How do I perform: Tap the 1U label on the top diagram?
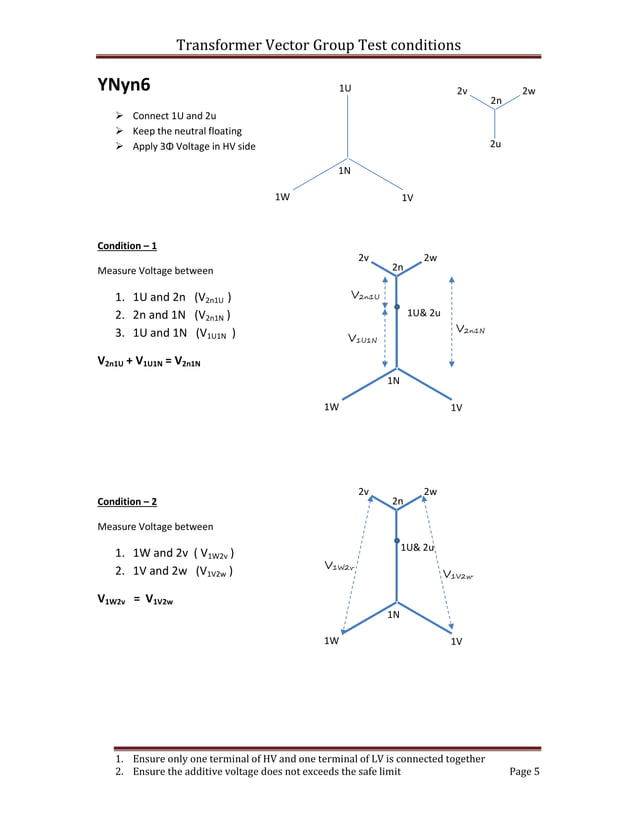pyautogui.click(x=344, y=89)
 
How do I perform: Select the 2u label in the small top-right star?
pyautogui.click(x=495, y=144)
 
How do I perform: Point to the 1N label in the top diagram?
pyautogui.click(x=343, y=171)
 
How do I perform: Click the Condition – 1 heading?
pyautogui.click(x=127, y=245)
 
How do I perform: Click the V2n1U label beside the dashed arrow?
pyautogui.click(x=365, y=295)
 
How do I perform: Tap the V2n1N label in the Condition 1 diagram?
pyautogui.click(x=471, y=329)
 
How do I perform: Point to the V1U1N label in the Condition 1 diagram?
pyautogui.click(x=363, y=340)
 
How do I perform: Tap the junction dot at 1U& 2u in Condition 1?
pyautogui.click(x=397, y=307)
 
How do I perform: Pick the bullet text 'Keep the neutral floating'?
pyautogui.click(x=187, y=131)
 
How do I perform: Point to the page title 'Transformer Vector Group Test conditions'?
pyautogui.click(x=318, y=45)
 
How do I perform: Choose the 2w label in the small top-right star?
pyautogui.click(x=529, y=91)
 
